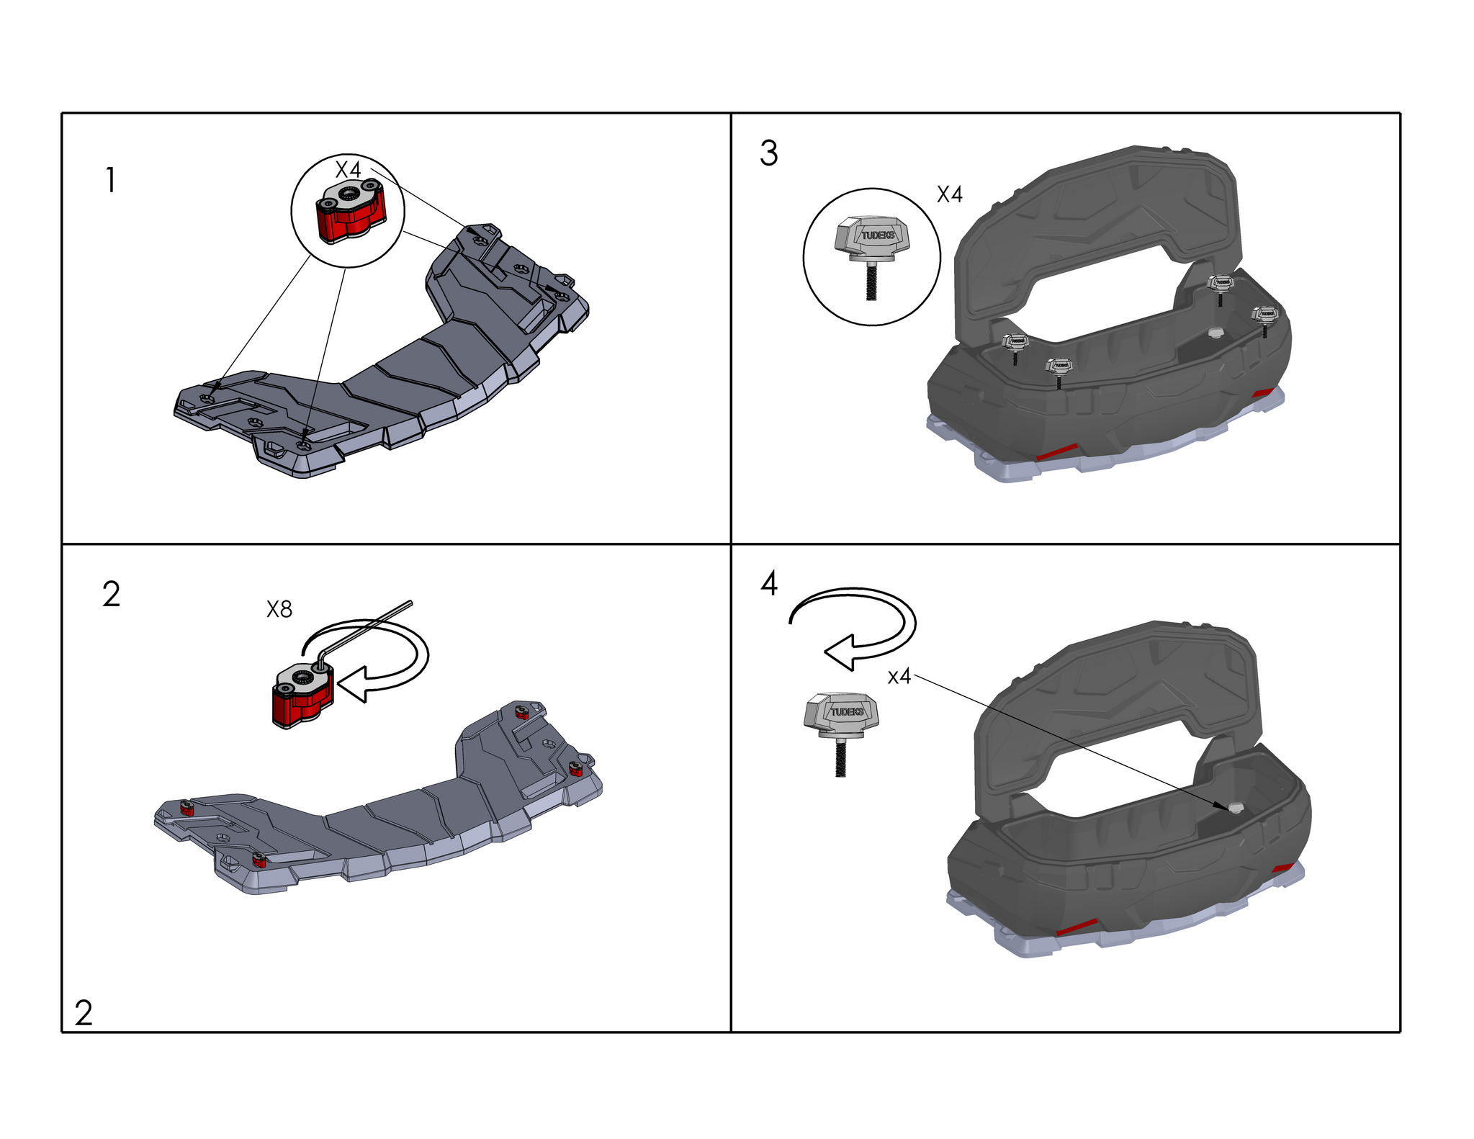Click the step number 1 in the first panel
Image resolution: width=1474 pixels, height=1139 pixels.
(110, 180)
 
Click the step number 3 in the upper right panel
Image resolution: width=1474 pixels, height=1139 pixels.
(769, 153)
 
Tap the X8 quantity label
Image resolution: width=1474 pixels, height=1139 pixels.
(279, 610)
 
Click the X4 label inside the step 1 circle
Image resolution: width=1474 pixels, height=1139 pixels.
(349, 170)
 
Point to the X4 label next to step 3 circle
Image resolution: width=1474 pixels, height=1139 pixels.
(949, 194)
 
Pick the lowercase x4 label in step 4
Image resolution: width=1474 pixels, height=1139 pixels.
(899, 677)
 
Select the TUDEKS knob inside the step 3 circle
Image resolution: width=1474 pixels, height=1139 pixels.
(872, 256)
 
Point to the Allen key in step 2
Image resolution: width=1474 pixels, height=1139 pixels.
(360, 631)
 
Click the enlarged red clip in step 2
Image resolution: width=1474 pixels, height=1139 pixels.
(303, 695)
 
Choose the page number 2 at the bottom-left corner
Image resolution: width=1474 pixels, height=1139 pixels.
(84, 1014)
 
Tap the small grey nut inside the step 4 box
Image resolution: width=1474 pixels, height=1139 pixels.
(1236, 806)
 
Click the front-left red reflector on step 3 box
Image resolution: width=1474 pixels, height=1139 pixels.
(1055, 451)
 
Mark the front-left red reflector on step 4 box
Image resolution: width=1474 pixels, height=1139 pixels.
(1076, 927)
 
